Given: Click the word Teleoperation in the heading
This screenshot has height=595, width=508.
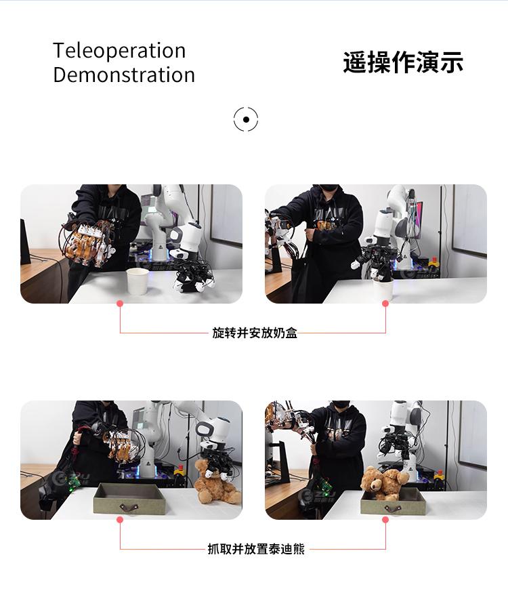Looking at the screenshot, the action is pyautogui.click(x=119, y=50).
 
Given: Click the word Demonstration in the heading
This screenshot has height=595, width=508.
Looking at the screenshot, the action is pyautogui.click(x=124, y=75).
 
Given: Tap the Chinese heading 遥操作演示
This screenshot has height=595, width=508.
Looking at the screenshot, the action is pyautogui.click(x=403, y=62).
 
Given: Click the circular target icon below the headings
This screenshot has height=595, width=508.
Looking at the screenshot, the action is pyautogui.click(x=246, y=119).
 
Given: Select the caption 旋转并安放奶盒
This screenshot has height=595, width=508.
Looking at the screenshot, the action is pyautogui.click(x=255, y=333).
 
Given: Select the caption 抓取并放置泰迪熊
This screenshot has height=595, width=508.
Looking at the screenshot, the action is pyautogui.click(x=256, y=549).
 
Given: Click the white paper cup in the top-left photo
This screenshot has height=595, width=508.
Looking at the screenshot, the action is pyautogui.click(x=137, y=281).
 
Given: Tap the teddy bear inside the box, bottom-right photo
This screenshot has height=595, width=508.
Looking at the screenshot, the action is pyautogui.click(x=384, y=483).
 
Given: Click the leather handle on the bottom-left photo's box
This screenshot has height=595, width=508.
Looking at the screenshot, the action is pyautogui.click(x=128, y=507).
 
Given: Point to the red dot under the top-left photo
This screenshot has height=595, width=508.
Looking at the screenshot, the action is pyautogui.click(x=120, y=304).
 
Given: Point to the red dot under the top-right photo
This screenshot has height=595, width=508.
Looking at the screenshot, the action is pyautogui.click(x=385, y=304).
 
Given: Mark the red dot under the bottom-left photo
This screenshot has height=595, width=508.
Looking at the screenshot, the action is pyautogui.click(x=120, y=520).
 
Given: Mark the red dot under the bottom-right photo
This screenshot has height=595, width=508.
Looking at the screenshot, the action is pyautogui.click(x=385, y=520).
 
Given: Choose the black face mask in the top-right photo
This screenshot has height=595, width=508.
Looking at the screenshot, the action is pyautogui.click(x=329, y=188).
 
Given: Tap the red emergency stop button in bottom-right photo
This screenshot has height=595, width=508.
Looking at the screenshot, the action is pyautogui.click(x=440, y=474).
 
